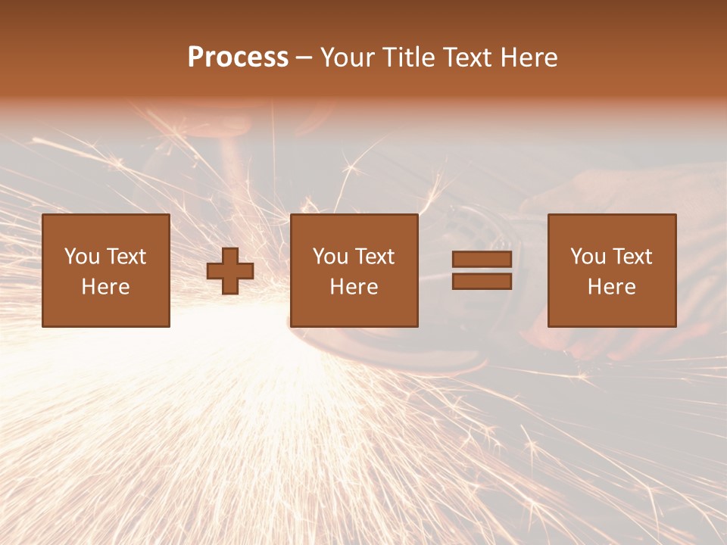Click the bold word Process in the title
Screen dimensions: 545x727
(238, 58)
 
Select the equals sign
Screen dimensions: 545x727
(482, 270)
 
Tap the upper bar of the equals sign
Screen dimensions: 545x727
(482, 260)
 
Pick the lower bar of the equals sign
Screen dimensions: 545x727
(482, 281)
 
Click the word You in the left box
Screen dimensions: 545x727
(82, 257)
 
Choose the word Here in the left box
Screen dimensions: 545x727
(105, 287)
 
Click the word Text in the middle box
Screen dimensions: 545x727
(374, 257)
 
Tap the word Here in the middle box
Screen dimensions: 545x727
(354, 287)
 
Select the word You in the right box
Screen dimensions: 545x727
(588, 257)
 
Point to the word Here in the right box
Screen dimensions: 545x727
(611, 287)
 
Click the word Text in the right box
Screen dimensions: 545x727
(632, 257)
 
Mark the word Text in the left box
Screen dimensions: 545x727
(126, 257)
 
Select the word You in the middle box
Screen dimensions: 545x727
(330, 257)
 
